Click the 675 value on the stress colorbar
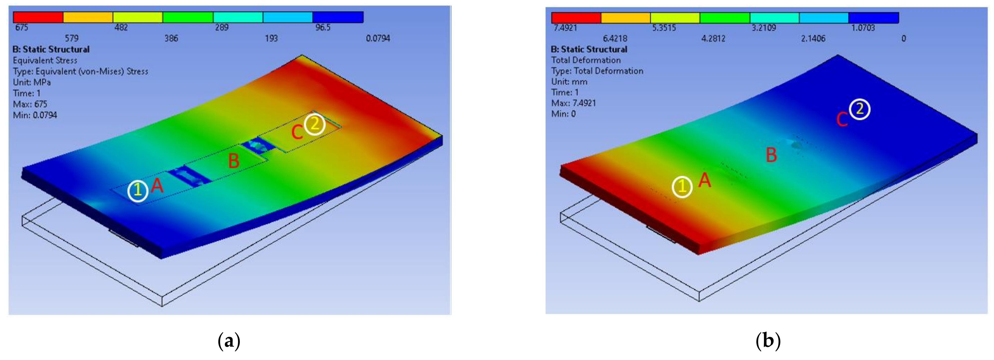pyautogui.click(x=21, y=27)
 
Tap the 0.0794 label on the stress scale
pyautogui.click(x=378, y=38)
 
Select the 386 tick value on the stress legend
pyautogui.click(x=171, y=38)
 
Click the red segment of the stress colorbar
pyautogui.click(x=38, y=17)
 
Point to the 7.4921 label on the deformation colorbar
pyautogui.click(x=565, y=28)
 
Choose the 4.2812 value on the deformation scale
pyautogui.click(x=713, y=38)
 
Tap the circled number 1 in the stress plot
pyautogui.click(x=138, y=191)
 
